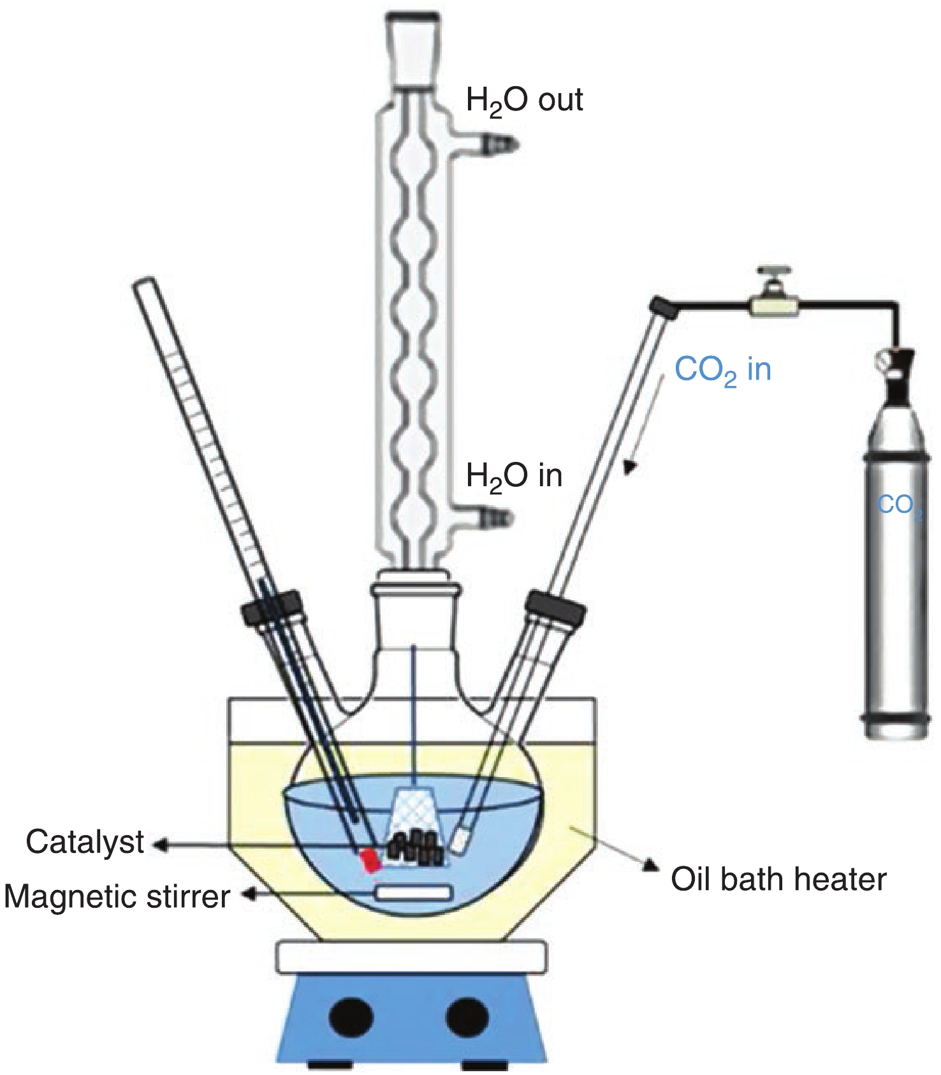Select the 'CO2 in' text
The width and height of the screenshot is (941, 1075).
click(722, 371)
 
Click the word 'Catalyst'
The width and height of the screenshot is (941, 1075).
click(85, 842)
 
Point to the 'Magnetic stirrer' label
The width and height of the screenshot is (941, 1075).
click(117, 896)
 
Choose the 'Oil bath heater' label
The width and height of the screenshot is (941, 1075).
click(778, 879)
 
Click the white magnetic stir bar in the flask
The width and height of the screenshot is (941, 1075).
click(414, 893)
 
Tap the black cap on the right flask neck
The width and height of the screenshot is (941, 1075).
click(557, 607)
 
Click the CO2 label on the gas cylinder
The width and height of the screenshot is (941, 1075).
click(899, 505)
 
